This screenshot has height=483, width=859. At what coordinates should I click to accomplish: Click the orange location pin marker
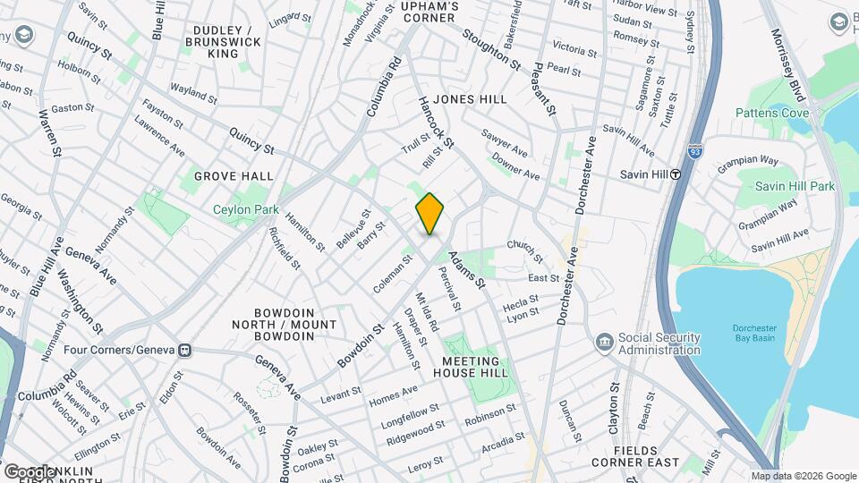(429, 214)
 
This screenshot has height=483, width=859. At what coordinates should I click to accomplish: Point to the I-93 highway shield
(696, 152)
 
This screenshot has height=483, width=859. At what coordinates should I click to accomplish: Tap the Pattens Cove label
(771, 113)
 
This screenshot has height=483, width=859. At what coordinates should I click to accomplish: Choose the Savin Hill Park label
(794, 186)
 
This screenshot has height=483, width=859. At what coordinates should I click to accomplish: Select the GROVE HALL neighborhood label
(233, 176)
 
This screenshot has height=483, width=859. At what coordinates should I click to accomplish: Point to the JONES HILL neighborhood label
(469, 99)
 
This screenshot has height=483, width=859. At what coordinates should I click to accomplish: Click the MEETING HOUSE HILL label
(475, 367)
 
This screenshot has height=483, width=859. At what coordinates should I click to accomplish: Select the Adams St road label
(466, 268)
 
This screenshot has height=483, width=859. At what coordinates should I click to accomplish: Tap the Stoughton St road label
(491, 48)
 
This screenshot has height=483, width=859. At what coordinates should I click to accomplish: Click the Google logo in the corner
(29, 471)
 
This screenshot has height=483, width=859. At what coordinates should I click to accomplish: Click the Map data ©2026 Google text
(803, 476)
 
